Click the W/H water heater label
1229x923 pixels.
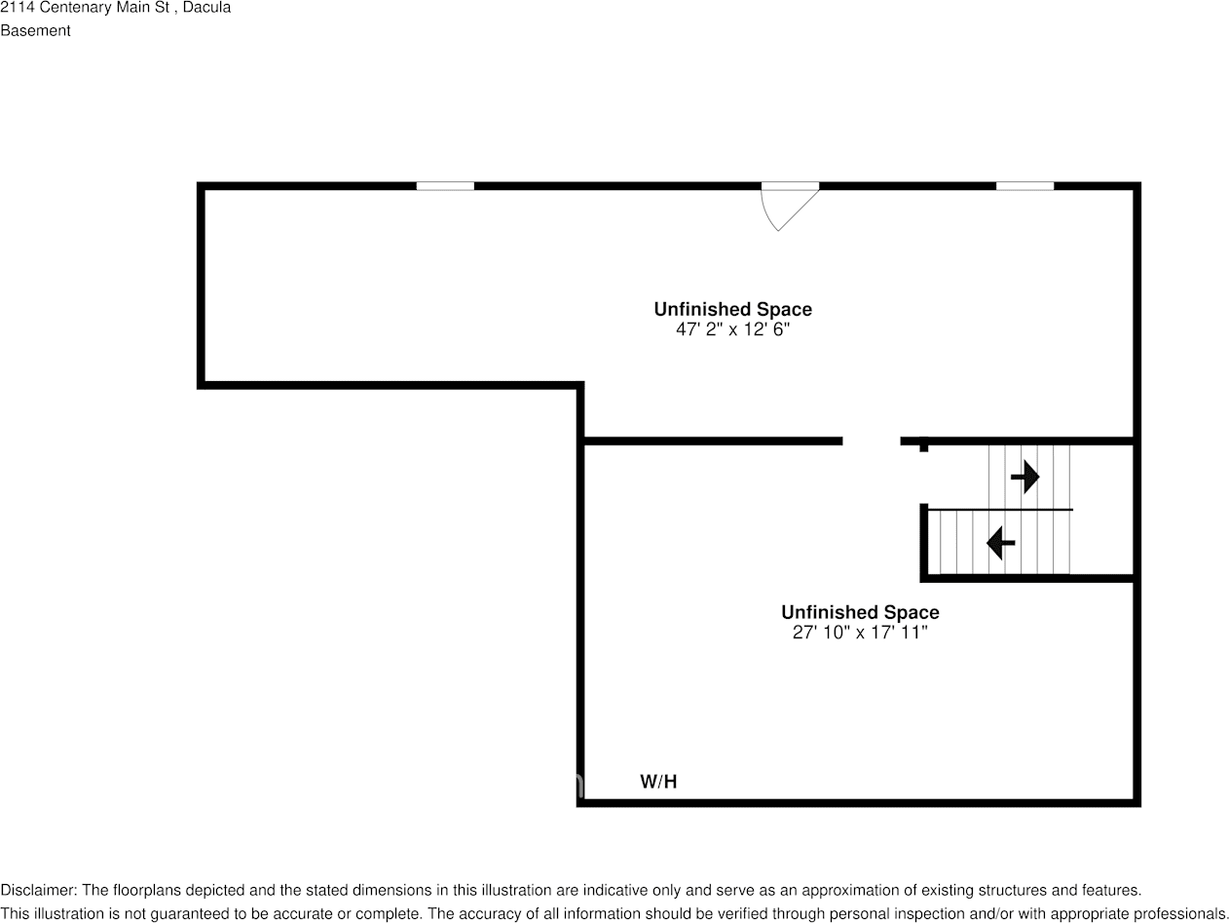click(658, 782)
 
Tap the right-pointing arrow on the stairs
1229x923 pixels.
click(1024, 477)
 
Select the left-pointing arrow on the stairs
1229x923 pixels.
click(1001, 542)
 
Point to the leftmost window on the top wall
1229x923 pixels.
click(445, 185)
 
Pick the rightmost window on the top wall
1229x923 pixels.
click(1024, 185)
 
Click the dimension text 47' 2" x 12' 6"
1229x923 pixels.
click(732, 329)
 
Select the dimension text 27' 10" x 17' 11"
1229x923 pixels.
click(860, 633)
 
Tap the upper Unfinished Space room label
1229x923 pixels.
click(732, 309)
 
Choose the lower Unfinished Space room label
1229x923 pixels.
click(860, 612)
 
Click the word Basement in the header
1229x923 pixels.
click(35, 30)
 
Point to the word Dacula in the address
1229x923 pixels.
click(207, 8)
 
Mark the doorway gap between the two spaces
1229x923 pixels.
click(871, 442)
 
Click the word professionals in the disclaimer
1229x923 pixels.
click(1186, 914)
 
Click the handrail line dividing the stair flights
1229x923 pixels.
click(999, 509)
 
